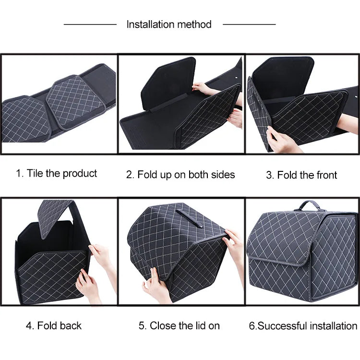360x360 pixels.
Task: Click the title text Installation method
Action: (x=169, y=24)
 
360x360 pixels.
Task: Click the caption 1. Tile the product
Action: (x=56, y=173)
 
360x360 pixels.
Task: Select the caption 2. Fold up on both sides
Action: (x=180, y=175)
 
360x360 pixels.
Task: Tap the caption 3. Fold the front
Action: (x=301, y=175)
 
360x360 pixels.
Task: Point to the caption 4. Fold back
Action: (x=54, y=326)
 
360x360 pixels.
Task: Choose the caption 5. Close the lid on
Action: (x=179, y=326)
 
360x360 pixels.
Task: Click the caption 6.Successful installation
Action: (x=303, y=326)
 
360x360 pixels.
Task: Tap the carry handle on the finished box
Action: (x=309, y=205)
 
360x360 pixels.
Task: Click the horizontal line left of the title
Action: (x=90, y=24)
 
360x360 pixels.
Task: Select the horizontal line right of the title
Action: (x=249, y=24)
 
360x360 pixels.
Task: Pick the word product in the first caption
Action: (x=80, y=173)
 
